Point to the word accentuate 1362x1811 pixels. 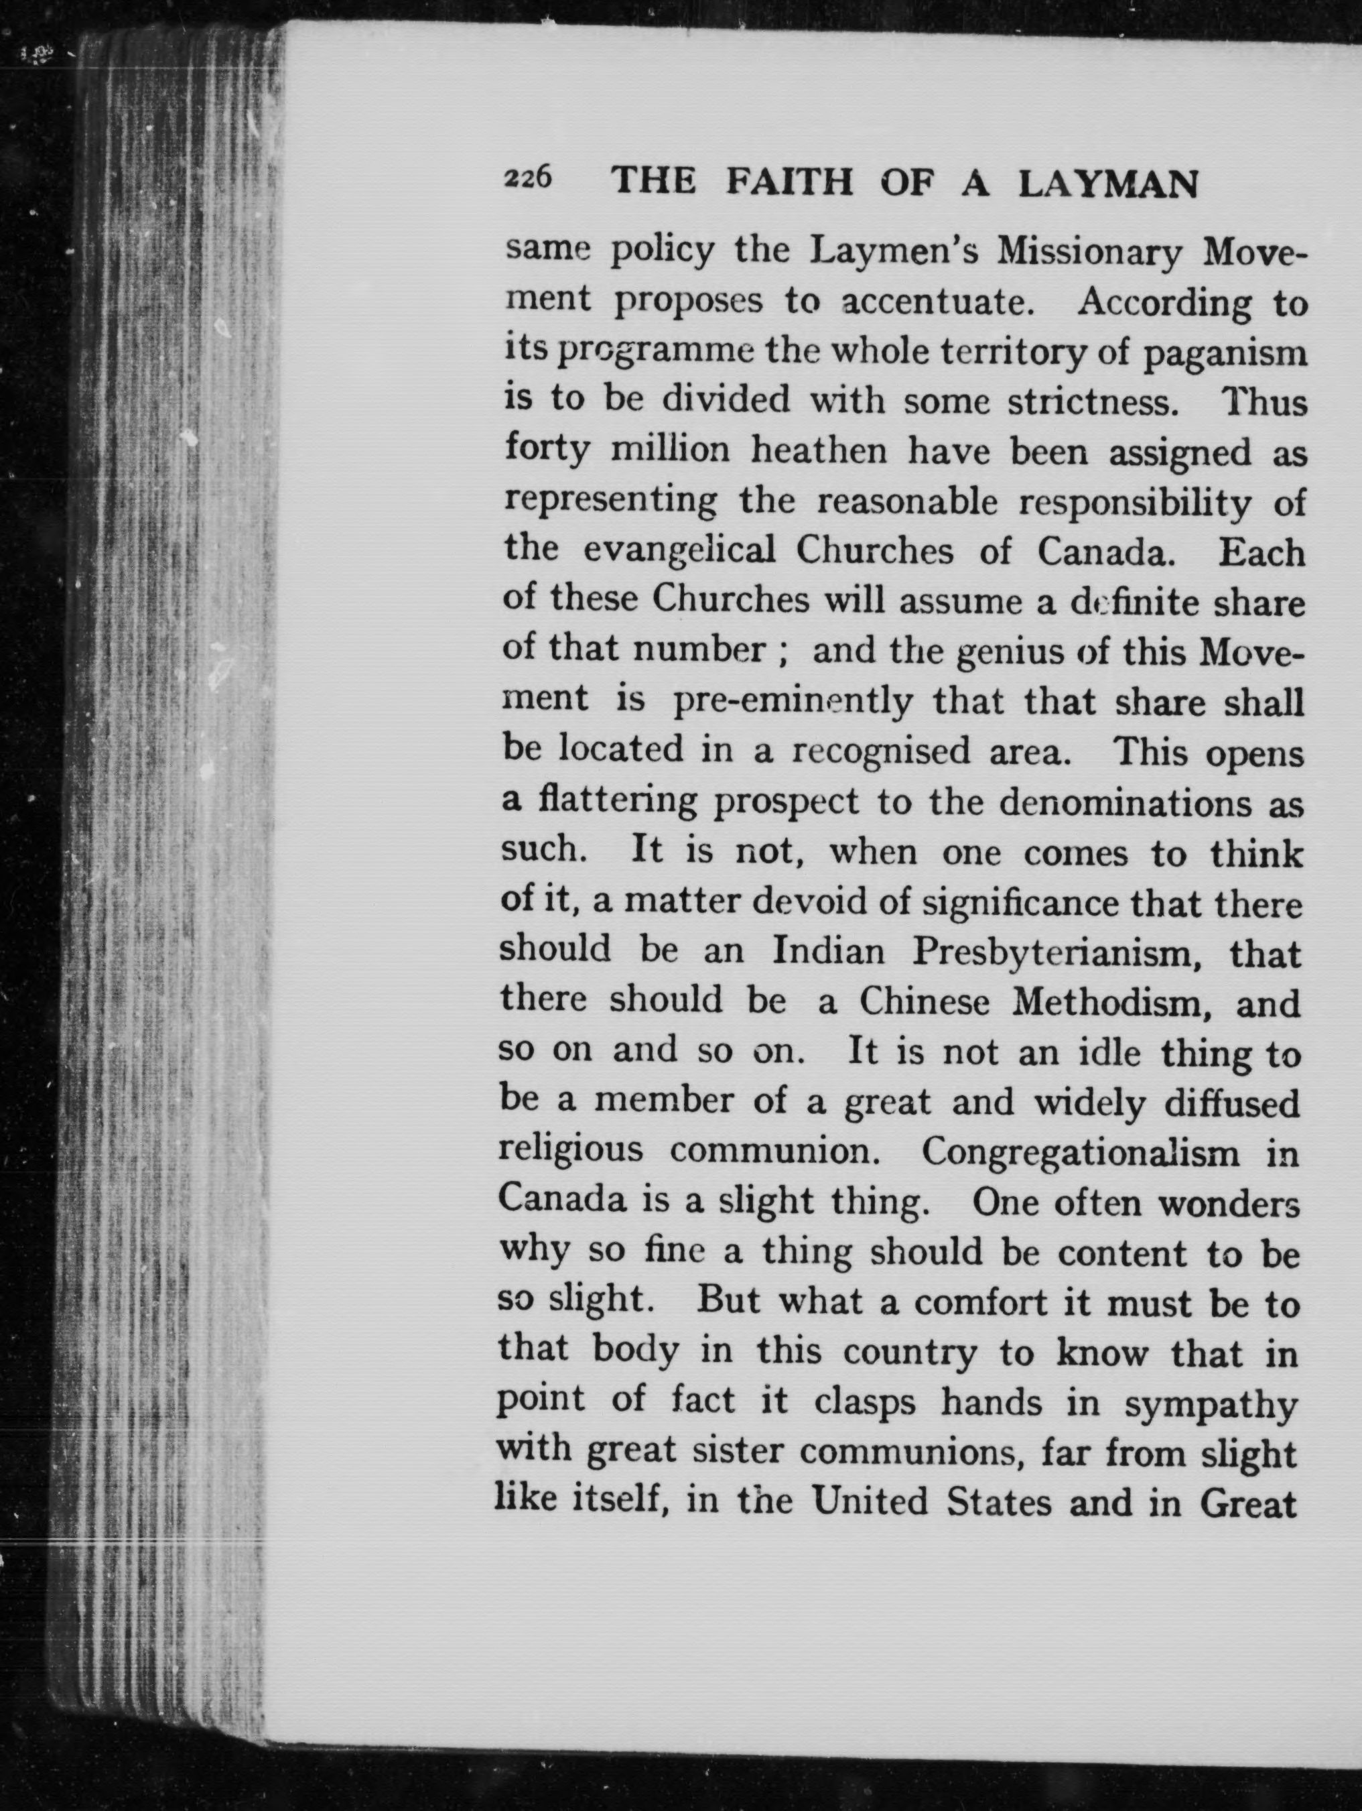(941, 302)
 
